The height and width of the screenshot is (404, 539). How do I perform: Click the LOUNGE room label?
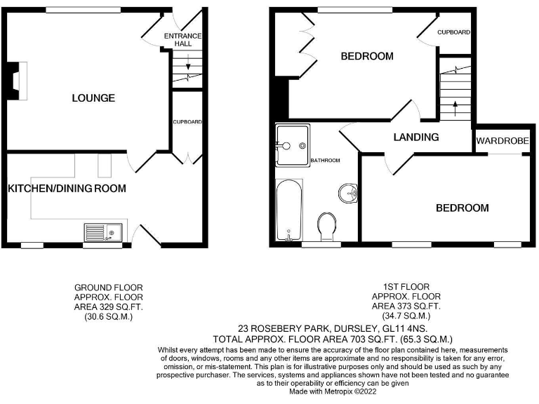[x=93, y=98]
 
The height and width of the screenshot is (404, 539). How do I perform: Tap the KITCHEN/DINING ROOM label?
[x=67, y=188]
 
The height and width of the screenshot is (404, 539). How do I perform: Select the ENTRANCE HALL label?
[x=182, y=39]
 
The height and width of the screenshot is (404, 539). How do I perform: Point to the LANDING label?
[x=416, y=137]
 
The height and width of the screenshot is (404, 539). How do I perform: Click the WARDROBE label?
[x=502, y=141]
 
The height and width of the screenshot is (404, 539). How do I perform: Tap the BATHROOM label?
[x=326, y=161]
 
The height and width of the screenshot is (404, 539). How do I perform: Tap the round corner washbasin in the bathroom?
[x=348, y=191]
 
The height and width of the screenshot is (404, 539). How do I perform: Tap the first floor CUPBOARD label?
[x=453, y=32]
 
